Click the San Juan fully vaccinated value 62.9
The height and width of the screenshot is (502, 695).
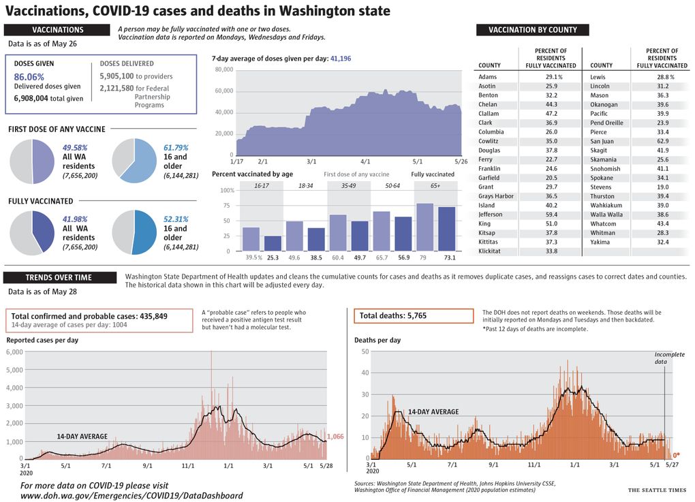663,142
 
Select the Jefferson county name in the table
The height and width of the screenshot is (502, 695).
490,215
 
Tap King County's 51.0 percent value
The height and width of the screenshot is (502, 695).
551,223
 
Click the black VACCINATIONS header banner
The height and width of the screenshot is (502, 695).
57,30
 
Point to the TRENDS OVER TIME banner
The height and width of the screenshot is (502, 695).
59,277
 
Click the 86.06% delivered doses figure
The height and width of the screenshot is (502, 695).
29,77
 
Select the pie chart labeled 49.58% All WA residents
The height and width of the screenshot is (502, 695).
32,161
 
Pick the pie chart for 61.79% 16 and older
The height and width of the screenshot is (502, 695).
134,161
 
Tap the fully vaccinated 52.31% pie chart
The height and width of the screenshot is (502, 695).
134,232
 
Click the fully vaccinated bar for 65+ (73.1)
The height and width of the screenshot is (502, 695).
447,229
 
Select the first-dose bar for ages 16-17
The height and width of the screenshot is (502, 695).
251,239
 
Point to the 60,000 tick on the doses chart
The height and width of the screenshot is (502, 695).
224,91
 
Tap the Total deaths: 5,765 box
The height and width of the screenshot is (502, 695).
414,316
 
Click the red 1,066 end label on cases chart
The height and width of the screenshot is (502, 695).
335,437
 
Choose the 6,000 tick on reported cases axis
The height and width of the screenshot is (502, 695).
14,352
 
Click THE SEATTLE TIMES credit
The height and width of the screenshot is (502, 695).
657,490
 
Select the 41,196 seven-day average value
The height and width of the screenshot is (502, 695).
341,59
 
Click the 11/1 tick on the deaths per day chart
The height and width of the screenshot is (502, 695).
534,465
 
